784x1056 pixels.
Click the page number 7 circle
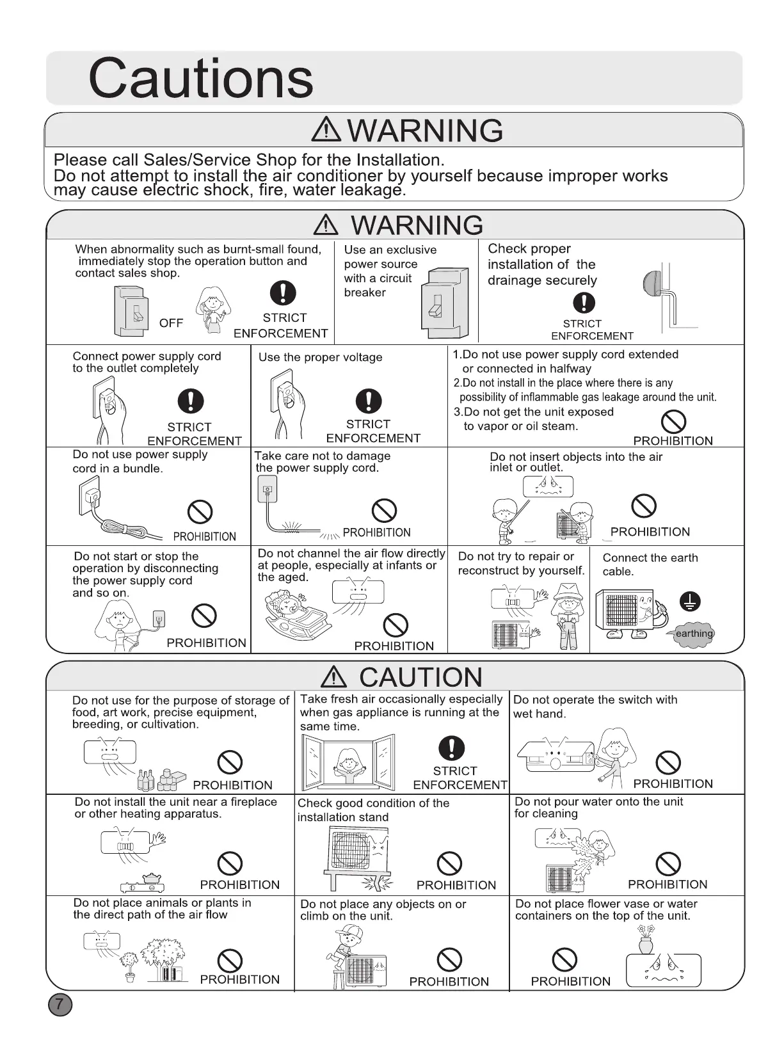pos(60,1004)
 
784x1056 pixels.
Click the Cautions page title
pos(200,78)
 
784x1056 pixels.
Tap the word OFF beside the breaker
pos(171,323)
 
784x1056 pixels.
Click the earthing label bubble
pos(694,634)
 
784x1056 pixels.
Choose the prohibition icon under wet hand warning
pos(668,762)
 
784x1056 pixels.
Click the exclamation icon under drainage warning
pos(583,303)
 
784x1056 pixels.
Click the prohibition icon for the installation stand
pos(449,863)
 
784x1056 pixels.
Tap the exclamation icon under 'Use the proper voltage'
pos(368,401)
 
